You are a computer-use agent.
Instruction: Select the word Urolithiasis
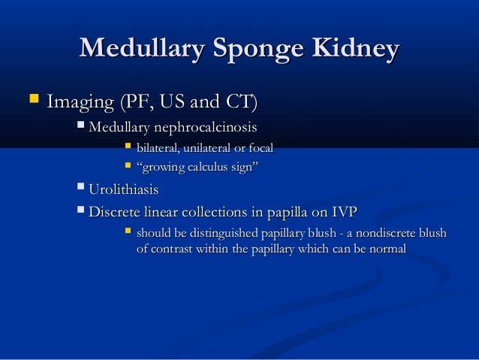pos(123,191)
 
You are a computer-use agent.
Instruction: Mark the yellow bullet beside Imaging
pos(32,99)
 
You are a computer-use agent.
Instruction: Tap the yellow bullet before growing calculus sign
pos(127,164)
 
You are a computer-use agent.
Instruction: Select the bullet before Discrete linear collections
pos(81,210)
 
